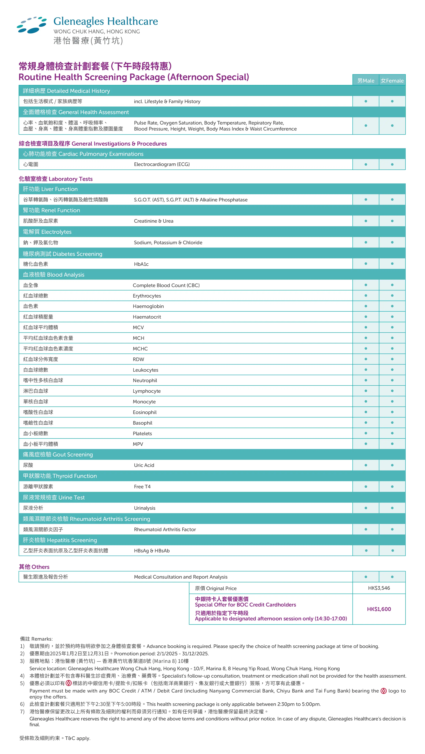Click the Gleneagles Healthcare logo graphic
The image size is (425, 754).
pos(32,25)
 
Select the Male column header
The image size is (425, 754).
pos(366,81)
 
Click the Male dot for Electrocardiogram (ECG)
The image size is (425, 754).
pos(366,164)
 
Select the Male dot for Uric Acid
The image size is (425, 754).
pos(366,465)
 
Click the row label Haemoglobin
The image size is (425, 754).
pos(148,306)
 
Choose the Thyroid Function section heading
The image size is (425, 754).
pos(60,476)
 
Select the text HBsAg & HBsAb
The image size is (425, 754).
pos(152,551)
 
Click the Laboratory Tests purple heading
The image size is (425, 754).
pos(56,179)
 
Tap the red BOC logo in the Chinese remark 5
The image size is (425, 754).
pos(69,683)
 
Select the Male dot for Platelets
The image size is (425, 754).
pos(366,433)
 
